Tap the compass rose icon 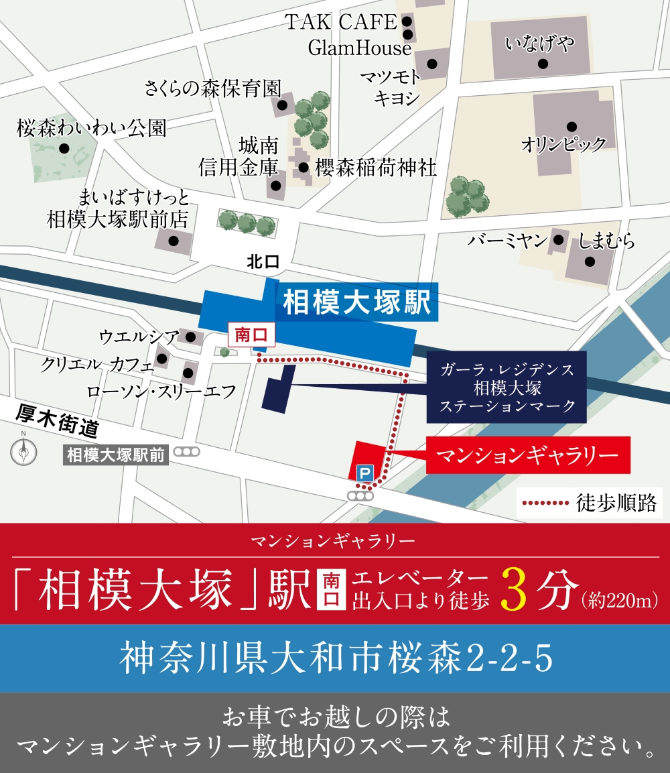[23, 451]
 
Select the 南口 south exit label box [251, 335]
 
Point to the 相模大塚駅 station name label [356, 302]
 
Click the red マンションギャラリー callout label [527, 455]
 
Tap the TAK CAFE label [342, 22]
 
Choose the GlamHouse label [359, 48]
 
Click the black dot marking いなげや [543, 64]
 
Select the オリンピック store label [563, 144]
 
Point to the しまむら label [606, 241]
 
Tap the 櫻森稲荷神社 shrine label [377, 168]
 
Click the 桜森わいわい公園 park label [92, 127]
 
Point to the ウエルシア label [139, 335]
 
